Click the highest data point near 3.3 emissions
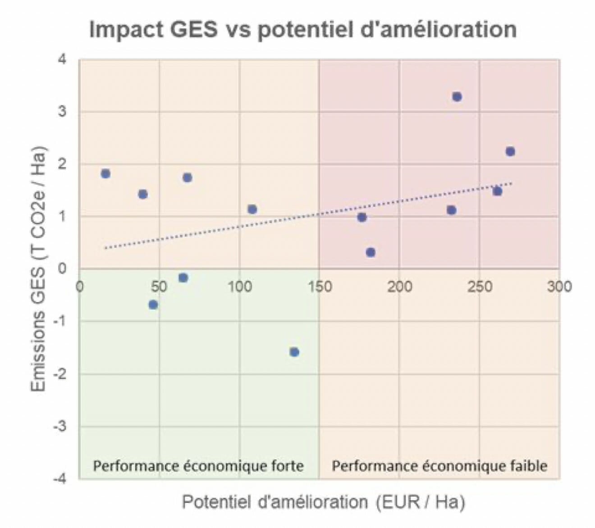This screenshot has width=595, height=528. pos(457,97)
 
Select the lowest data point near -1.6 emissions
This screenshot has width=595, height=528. pos(294,352)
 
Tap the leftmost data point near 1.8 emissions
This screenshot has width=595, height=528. pos(105,174)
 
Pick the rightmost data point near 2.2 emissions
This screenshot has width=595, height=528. pos(510,151)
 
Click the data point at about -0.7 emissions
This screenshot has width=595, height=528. pos(153,305)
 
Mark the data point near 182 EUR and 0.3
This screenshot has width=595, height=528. pos(371,252)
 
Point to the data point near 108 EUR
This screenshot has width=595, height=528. pos(252,209)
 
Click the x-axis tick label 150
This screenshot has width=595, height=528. pos(319,287)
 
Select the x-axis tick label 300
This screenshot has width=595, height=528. pos(559,287)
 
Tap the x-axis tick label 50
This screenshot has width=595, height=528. pos(159,287)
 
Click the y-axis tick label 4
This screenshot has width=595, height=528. pos(62,59)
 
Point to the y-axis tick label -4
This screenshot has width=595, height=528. pos(59,478)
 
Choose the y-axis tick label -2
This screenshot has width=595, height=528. pos(59,373)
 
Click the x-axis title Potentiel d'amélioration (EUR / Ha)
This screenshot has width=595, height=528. pos(323,502)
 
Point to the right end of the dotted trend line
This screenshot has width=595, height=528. pos(512,183)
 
